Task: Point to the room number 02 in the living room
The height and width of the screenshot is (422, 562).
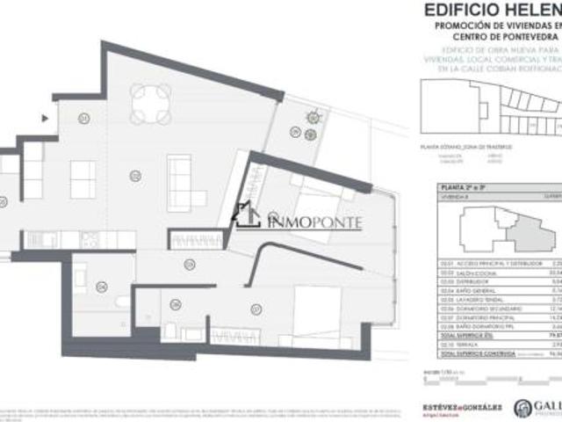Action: click(134, 176)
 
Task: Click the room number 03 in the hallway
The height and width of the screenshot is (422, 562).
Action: click(188, 265)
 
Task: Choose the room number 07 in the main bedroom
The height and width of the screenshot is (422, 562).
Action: click(255, 309)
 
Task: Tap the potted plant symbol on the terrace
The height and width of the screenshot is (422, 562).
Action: click(312, 117)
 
